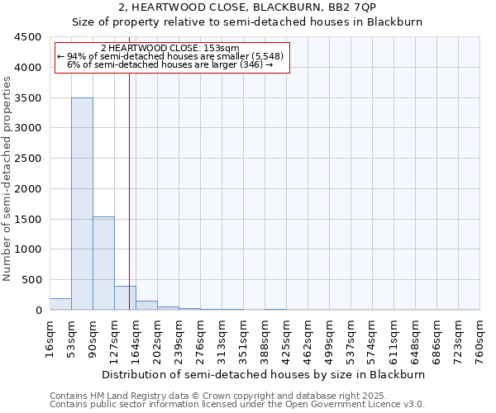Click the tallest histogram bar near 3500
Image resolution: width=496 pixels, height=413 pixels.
pyautogui.click(x=82, y=203)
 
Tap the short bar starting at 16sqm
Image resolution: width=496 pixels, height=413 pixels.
pyautogui.click(x=60, y=304)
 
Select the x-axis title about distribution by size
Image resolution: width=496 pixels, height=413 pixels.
pyautogui.click(x=265, y=374)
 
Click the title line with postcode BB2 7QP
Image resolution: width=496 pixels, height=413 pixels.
pyautogui.click(x=247, y=7)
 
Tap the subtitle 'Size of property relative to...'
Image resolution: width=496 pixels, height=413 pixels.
pyautogui.click(x=247, y=22)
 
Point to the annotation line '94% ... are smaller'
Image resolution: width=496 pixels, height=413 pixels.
pyautogui.click(x=171, y=56)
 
